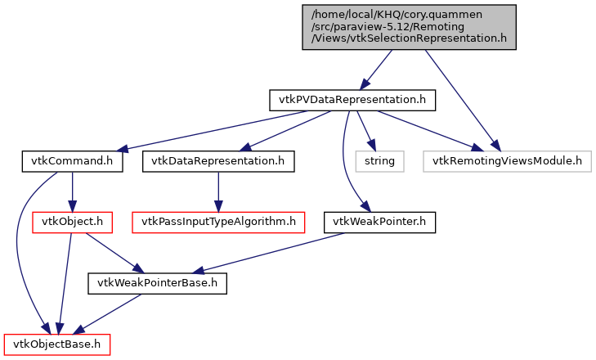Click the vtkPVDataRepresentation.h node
(x=352, y=100)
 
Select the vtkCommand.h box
(x=72, y=161)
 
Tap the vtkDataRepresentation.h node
(x=217, y=161)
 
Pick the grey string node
(x=379, y=161)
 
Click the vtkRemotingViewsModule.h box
(x=506, y=161)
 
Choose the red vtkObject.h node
(x=70, y=222)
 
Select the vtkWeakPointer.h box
(x=379, y=222)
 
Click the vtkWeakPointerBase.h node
(x=156, y=283)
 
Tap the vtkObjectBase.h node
(x=56, y=344)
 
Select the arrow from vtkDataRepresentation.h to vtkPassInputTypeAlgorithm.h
(x=217, y=191)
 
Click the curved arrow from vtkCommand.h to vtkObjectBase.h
(x=19, y=245)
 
